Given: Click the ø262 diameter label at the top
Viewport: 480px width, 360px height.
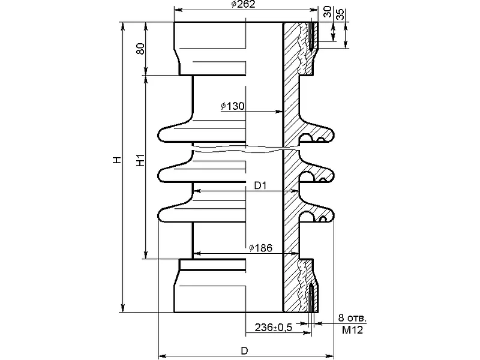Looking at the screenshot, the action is pyautogui.click(x=243, y=4).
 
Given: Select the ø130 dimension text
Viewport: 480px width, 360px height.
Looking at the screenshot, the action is pyautogui.click(x=233, y=106).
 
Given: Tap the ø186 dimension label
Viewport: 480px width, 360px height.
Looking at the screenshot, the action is pyautogui.click(x=260, y=248).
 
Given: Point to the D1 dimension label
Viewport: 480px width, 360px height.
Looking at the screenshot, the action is pyautogui.click(x=260, y=185).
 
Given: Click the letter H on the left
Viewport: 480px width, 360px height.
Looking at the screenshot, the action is pyautogui.click(x=117, y=160).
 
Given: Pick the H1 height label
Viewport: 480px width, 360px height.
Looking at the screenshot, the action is pyautogui.click(x=140, y=160).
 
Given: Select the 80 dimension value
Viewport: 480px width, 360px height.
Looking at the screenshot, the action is pyautogui.click(x=140, y=49).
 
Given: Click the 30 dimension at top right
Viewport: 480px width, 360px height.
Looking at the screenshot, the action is pyautogui.click(x=327, y=11).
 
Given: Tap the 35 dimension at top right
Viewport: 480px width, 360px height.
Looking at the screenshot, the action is pyautogui.click(x=340, y=14).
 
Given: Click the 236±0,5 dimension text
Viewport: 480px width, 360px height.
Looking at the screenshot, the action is pyautogui.click(x=274, y=327).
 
